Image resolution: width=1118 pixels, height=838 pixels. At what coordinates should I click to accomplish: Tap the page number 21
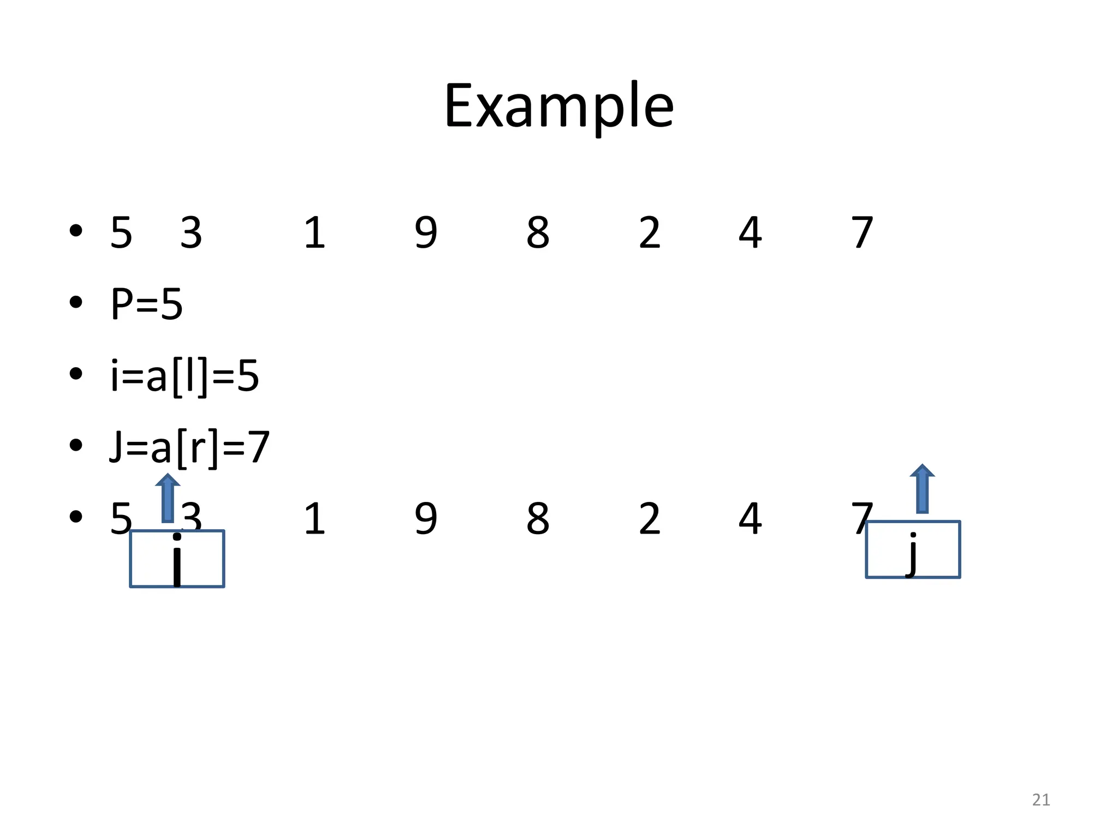(1041, 800)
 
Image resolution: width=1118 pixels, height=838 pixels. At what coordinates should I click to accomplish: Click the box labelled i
(177, 559)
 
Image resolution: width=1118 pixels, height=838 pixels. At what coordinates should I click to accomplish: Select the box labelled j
(913, 549)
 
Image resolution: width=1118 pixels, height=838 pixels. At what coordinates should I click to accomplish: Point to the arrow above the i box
(168, 498)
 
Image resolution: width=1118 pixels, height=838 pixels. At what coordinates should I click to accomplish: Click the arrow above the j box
(922, 488)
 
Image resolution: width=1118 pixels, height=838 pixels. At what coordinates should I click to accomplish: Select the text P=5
(146, 304)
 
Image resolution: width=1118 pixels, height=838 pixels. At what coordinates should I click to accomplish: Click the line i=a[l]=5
(185, 376)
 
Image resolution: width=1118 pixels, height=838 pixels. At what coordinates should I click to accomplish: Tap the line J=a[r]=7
(189, 447)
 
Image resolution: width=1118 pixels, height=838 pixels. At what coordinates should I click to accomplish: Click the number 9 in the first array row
(426, 233)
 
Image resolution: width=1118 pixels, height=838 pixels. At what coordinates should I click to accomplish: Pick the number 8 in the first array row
(538, 233)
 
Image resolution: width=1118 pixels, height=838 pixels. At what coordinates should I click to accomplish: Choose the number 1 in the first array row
(314, 233)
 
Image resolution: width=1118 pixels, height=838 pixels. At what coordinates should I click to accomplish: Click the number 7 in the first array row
(863, 233)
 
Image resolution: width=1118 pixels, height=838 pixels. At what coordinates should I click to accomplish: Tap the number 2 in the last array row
(650, 519)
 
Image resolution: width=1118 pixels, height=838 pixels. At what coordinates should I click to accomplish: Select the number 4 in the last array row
(750, 519)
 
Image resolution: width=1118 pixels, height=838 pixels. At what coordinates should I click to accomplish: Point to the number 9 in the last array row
(426, 519)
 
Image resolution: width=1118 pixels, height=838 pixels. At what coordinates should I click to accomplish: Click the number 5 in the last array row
(121, 519)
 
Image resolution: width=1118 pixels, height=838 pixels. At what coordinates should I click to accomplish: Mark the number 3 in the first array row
(191, 233)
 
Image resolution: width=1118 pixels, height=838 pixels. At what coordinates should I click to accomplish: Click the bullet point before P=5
(76, 302)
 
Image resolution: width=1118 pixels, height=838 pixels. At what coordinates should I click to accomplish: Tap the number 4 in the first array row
(750, 233)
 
